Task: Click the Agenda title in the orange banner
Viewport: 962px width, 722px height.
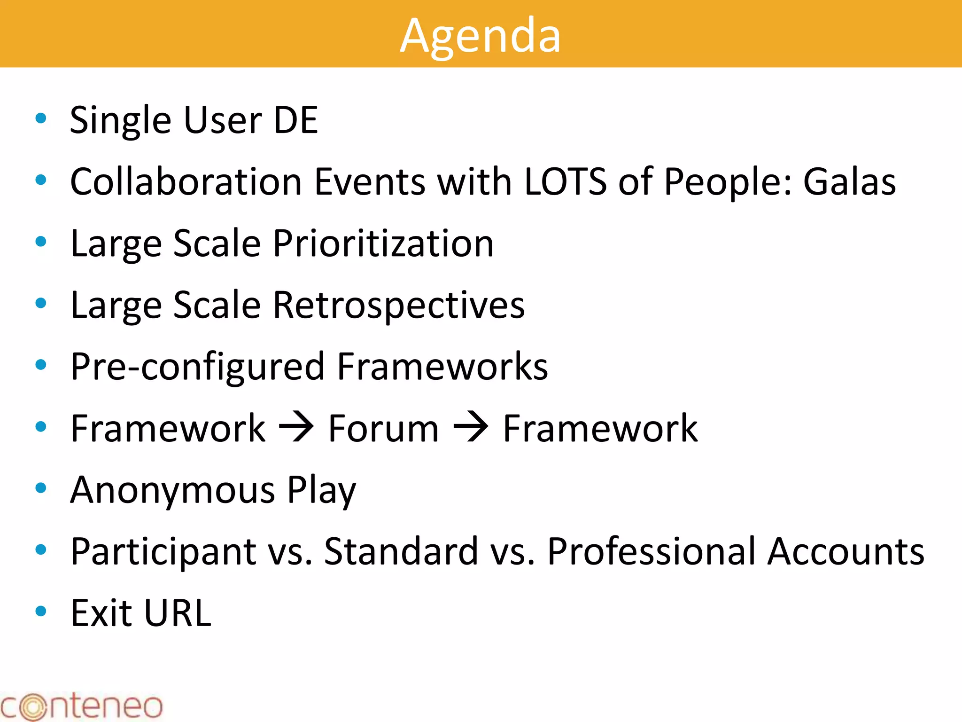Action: (480, 35)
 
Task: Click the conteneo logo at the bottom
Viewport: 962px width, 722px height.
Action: (81, 706)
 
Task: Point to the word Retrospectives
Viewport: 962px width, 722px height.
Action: (398, 306)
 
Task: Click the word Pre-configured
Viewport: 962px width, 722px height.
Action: (197, 367)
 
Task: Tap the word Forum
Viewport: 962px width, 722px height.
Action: (383, 429)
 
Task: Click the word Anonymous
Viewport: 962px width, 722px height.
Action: (172, 490)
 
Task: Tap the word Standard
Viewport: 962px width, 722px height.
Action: (401, 551)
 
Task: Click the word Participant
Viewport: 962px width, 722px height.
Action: (163, 552)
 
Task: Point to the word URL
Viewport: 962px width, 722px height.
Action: (178, 613)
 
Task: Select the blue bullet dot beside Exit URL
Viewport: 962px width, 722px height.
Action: (41, 611)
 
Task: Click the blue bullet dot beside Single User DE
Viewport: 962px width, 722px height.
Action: (41, 118)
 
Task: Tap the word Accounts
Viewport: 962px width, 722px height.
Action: (846, 551)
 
